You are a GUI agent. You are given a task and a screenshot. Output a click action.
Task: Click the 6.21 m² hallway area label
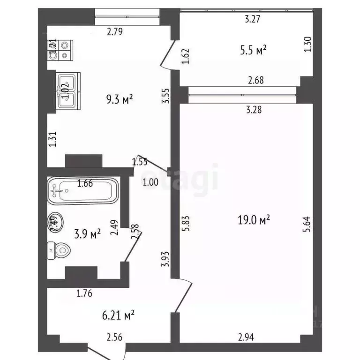click(119, 315)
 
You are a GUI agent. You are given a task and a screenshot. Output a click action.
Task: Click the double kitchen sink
click(68, 90)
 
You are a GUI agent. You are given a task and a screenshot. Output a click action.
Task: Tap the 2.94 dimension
click(246, 336)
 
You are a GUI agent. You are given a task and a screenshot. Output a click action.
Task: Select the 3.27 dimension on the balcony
click(253, 19)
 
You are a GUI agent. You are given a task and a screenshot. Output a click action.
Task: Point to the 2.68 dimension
click(255, 80)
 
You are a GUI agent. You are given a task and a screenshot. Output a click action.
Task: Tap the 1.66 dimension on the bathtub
click(85, 183)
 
